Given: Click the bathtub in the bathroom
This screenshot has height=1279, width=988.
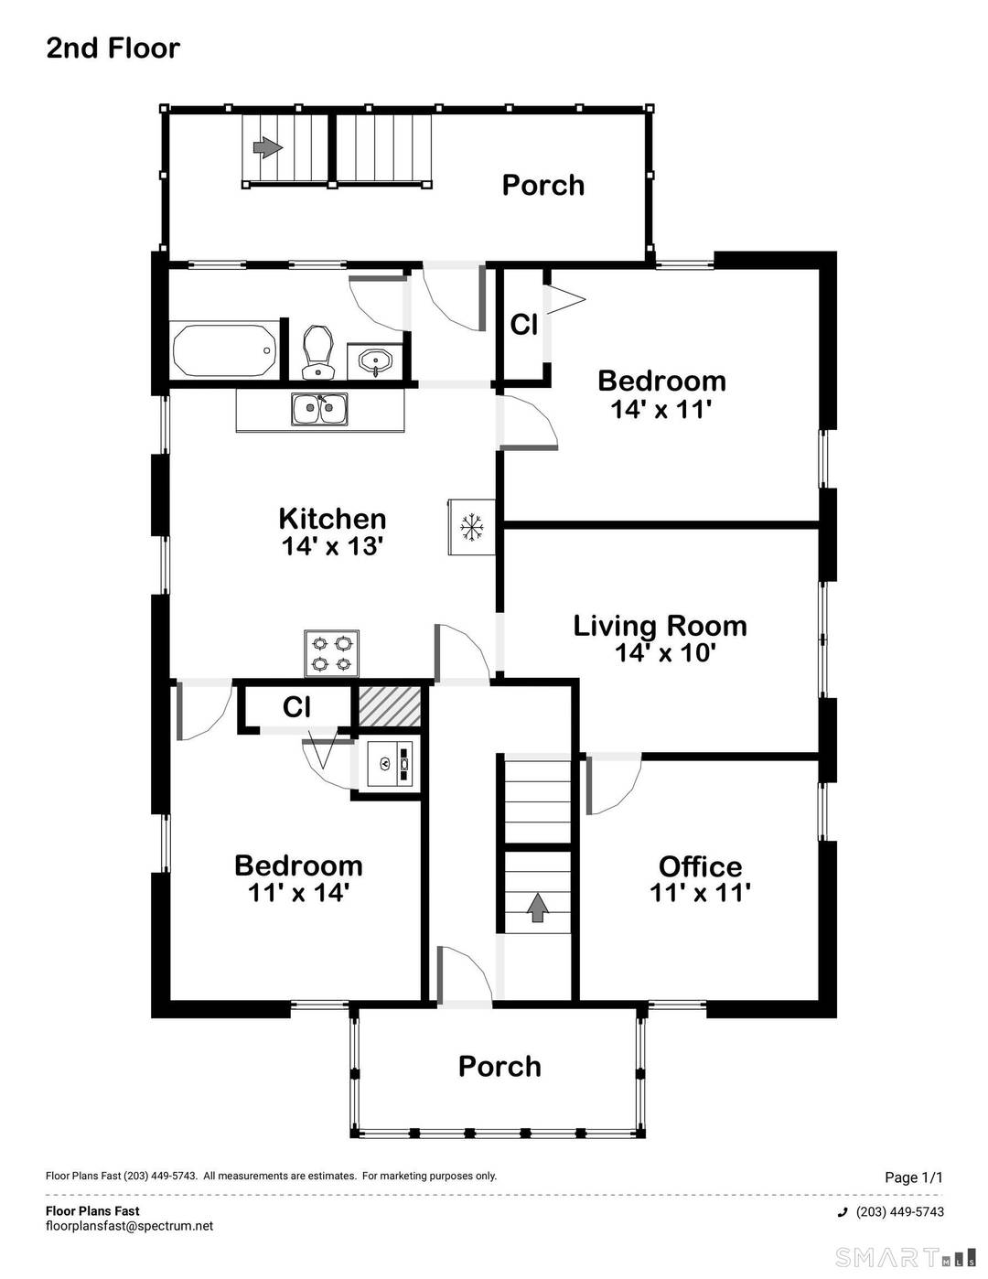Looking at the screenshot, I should click(x=224, y=349).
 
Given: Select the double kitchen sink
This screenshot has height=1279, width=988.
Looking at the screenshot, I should click(x=319, y=408).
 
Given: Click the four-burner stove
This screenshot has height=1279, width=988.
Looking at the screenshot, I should click(x=332, y=653).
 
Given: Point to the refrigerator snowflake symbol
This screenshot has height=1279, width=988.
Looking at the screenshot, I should click(x=471, y=527).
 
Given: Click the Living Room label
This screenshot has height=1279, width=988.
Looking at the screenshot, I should click(x=660, y=626).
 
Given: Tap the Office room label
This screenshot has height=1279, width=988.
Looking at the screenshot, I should click(x=700, y=866).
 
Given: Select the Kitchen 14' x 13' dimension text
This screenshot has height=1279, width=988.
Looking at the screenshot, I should click(x=332, y=546).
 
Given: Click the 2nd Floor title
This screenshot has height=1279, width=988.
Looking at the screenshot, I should click(x=113, y=48).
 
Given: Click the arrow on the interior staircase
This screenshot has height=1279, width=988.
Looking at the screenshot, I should click(x=538, y=907).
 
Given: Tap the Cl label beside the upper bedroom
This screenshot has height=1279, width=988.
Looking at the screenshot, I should click(x=523, y=325).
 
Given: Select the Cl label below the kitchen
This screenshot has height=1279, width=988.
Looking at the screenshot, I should click(x=296, y=707).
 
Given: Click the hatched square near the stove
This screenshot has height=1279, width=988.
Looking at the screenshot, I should click(x=389, y=706).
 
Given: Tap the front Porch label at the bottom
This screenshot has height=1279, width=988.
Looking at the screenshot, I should click(x=499, y=1067).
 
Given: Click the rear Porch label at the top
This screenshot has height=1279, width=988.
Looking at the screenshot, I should click(x=543, y=185).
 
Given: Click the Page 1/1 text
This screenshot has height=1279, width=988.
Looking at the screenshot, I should click(x=913, y=1177).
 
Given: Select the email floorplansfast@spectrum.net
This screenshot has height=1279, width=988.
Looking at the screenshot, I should click(x=129, y=1226).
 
